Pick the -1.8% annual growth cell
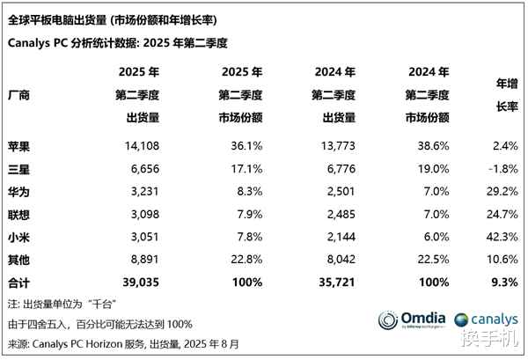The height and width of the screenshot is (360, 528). click(498, 167)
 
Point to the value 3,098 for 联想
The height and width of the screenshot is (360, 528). click(143, 213)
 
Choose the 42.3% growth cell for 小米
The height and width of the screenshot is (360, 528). click(498, 237)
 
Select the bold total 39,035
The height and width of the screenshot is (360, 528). click(138, 283)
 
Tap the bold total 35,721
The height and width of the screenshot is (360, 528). click(334, 283)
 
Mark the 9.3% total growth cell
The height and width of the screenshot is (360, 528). click(502, 283)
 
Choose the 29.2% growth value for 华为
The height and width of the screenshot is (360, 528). click(498, 190)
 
